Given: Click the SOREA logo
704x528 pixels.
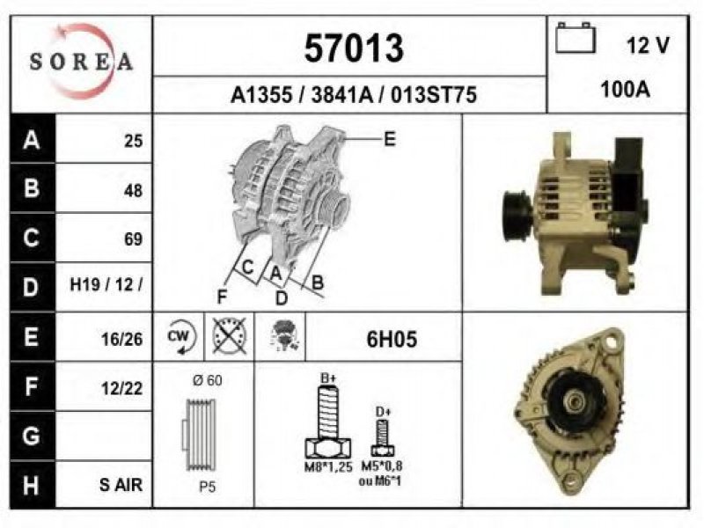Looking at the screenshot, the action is coord(81,62).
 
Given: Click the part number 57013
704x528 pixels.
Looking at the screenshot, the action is coord(354,48).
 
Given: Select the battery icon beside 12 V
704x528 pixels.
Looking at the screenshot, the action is coord(576,38).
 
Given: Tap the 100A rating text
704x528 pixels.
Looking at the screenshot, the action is coord(626,90).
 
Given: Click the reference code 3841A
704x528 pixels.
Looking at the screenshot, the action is coord(342,95).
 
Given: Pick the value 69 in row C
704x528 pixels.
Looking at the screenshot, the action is coord(134,238).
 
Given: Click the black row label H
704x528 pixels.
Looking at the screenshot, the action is coord(32,485).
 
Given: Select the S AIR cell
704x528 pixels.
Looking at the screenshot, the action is coord(121,485).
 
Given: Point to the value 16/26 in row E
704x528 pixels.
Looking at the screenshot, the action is coord(121,340).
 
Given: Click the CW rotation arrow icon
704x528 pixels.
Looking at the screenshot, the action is coord(181,337).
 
